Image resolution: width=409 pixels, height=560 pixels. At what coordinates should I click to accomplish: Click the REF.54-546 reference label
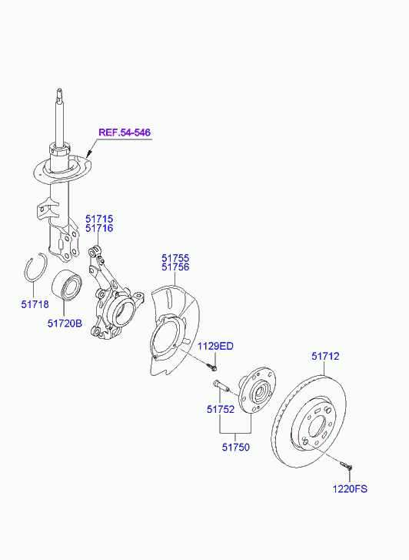pos(125,132)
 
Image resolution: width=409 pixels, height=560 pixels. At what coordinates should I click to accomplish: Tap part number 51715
pos(98,219)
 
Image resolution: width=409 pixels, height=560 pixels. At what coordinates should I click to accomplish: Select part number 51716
pos(98,228)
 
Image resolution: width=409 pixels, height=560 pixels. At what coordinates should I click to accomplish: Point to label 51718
pos(35,304)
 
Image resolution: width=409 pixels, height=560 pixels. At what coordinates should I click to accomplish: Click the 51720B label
pos(65,324)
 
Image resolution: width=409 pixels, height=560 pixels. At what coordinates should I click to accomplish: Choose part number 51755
pos(175,258)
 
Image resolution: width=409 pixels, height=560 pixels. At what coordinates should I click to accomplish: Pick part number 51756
pos(175,267)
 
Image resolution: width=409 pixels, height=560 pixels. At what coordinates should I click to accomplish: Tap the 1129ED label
pos(215,346)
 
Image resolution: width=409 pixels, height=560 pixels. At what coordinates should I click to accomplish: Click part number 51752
pos(221,409)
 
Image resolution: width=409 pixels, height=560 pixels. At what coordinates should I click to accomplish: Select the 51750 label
pos(236,447)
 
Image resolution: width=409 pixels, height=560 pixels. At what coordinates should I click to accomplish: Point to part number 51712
pos(325,356)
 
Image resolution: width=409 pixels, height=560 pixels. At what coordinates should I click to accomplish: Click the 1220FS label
pos(350,488)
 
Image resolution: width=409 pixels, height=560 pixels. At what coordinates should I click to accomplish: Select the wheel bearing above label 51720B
pos(66,285)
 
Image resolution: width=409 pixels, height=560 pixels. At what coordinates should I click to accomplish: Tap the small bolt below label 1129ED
pos(212,367)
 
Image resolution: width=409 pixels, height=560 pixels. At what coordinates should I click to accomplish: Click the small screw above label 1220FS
pos(346,465)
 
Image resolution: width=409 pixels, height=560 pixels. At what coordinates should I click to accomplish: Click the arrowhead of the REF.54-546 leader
pos(89,154)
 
